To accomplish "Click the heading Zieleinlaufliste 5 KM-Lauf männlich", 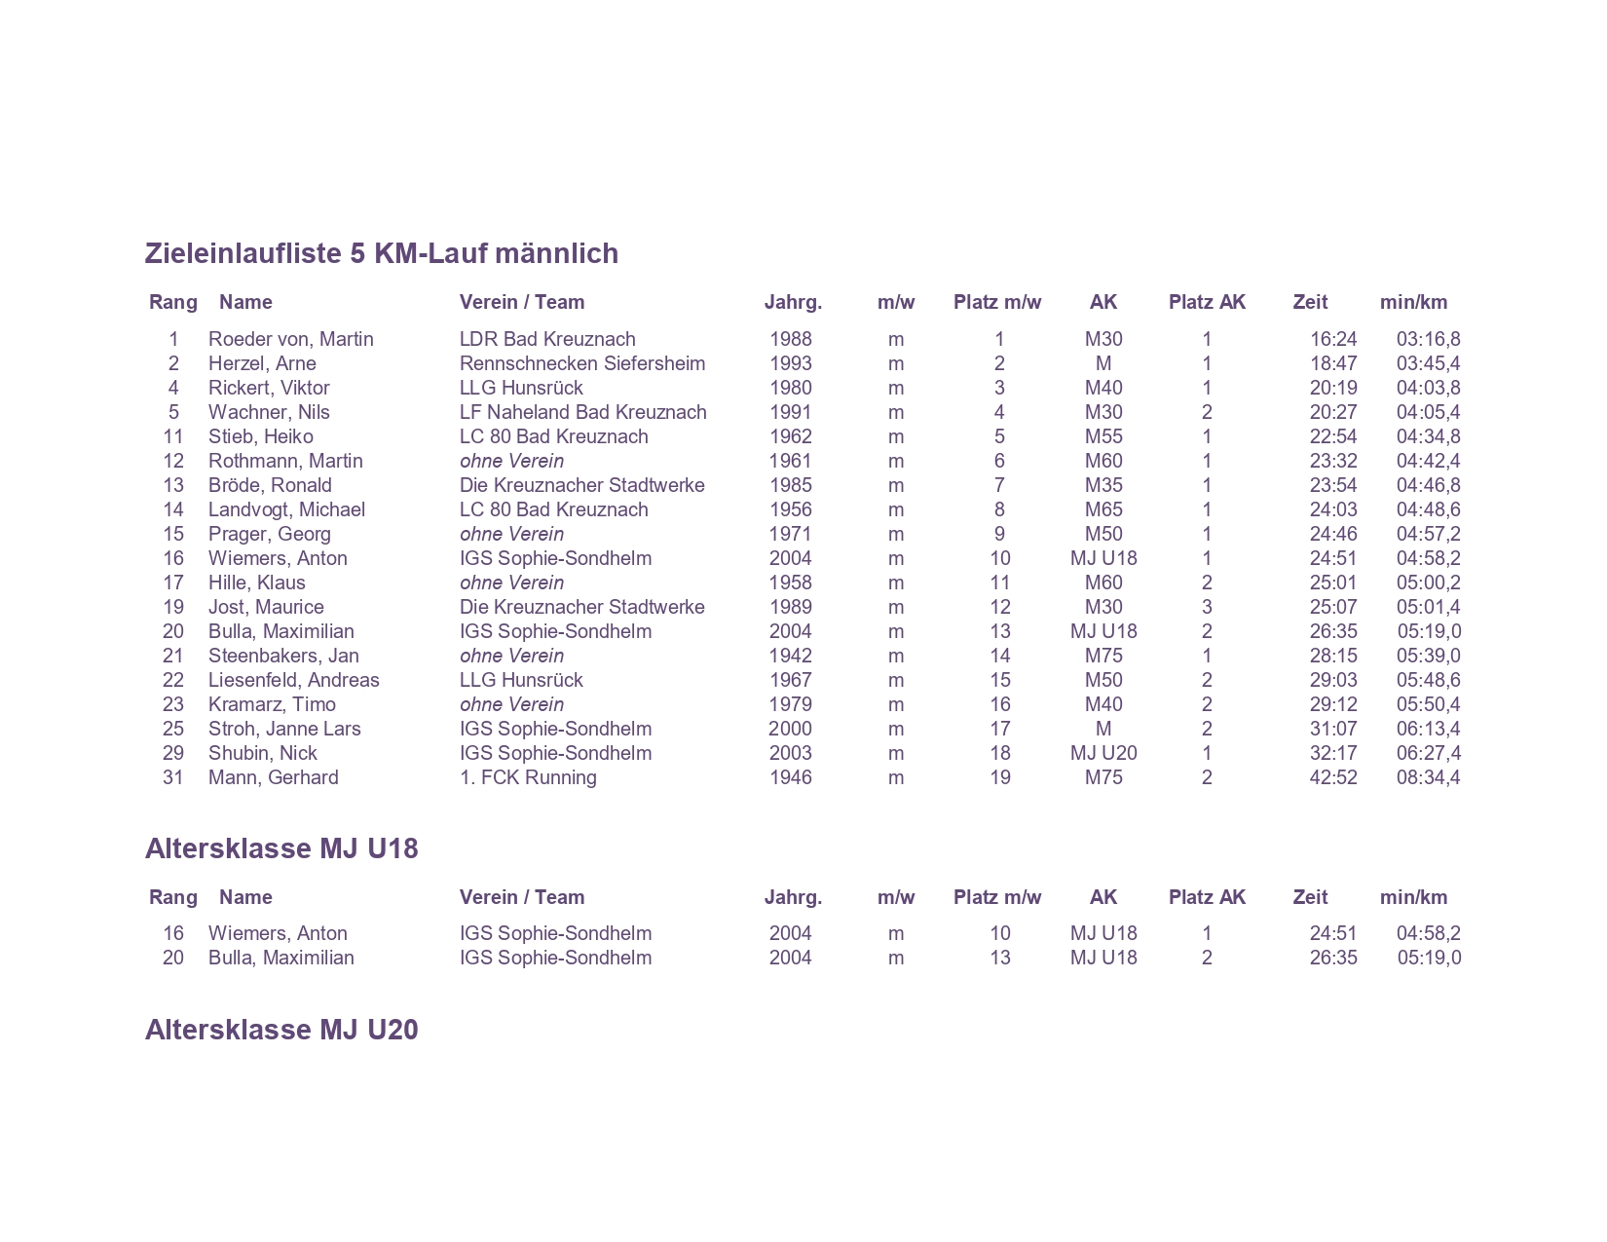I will (381, 253).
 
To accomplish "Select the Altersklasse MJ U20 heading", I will (281, 1030).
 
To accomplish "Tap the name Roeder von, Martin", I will (290, 339).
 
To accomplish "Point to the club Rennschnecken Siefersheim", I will (581, 363).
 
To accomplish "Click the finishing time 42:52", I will (1332, 777).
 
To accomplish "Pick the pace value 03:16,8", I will (1428, 339).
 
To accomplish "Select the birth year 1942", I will (790, 656).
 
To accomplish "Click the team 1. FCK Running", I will (528, 777).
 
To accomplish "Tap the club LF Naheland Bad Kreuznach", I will (582, 412).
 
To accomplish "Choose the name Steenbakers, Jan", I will (283, 656).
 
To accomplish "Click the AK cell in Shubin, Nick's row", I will (1102, 753).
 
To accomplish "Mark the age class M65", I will (1102, 509).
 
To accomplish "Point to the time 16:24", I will (1332, 339).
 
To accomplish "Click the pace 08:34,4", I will (1428, 777).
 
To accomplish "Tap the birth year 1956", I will (790, 509).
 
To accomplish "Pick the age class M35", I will (1102, 485).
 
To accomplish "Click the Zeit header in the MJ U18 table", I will (1310, 897).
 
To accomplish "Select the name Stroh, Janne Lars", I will (284, 729).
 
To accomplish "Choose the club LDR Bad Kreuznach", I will (547, 339).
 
